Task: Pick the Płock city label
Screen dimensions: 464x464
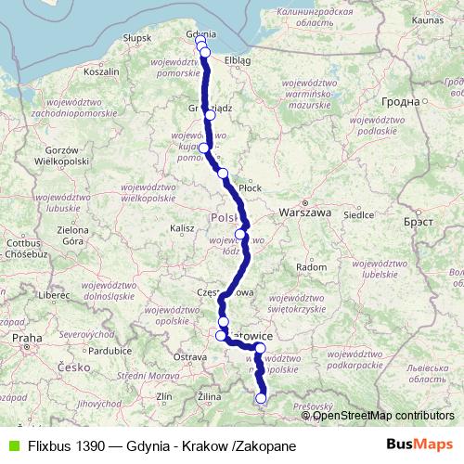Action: click(251, 187)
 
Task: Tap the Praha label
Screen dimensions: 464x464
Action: click(25, 341)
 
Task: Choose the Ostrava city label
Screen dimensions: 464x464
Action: click(190, 356)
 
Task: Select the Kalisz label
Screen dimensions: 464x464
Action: click(182, 226)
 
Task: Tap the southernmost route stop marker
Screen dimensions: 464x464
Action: click(261, 399)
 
